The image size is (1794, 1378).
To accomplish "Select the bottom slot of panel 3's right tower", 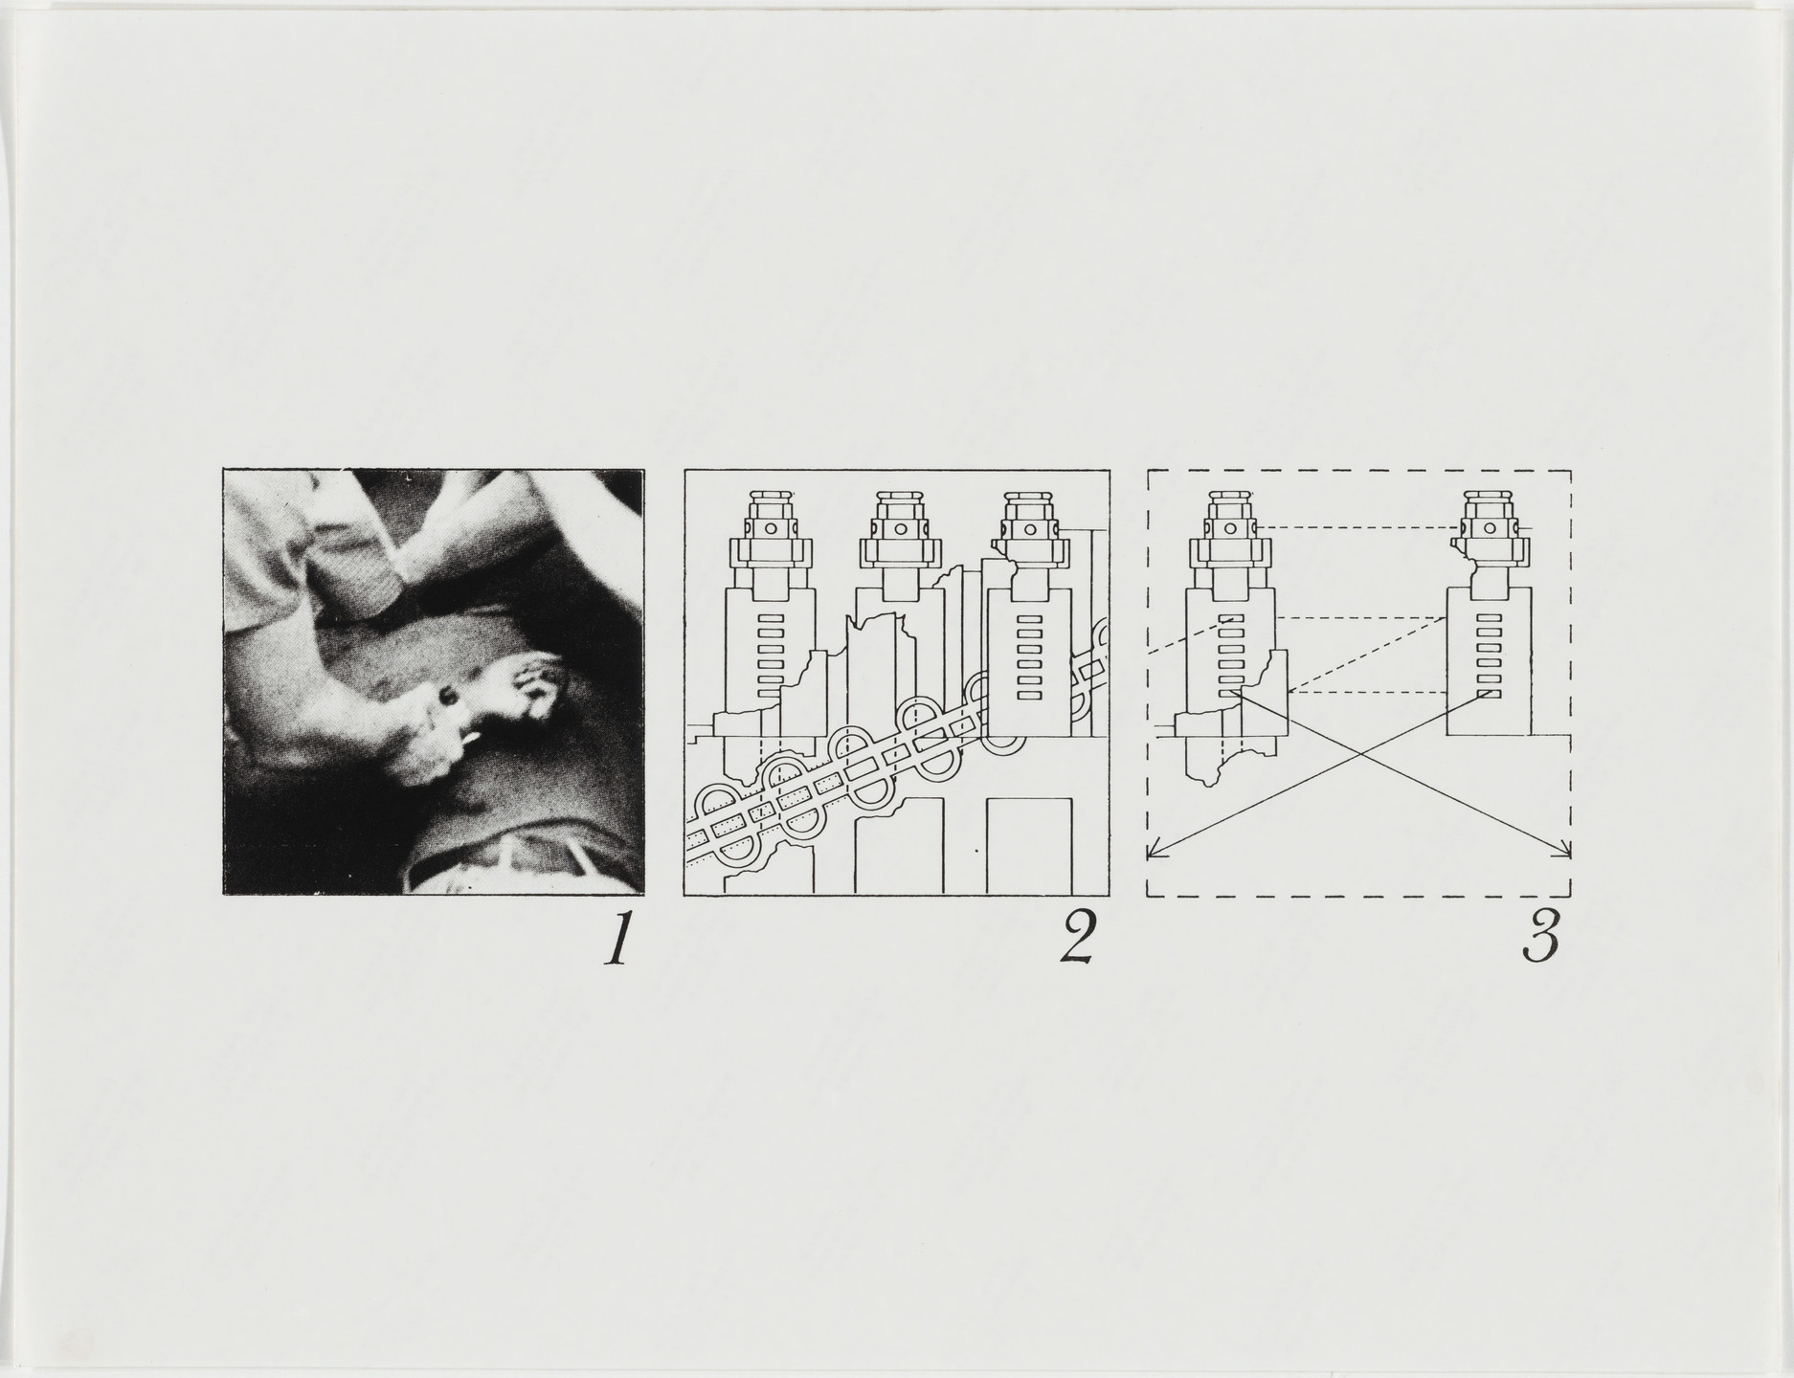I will (1489, 693).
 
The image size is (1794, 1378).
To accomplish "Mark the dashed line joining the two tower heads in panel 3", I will (1359, 527).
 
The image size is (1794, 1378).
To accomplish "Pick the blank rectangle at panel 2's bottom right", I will (1029, 846).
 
